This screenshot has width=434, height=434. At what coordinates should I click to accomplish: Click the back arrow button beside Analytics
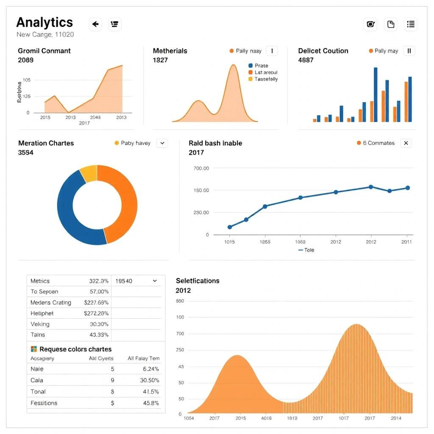tap(95, 24)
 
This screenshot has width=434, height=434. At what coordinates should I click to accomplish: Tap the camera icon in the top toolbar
tap(370, 24)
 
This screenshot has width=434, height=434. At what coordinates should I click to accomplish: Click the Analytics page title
tap(45, 22)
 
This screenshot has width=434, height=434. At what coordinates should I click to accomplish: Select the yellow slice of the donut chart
tap(89, 173)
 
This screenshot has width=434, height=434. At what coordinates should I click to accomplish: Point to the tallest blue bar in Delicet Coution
tap(376, 94)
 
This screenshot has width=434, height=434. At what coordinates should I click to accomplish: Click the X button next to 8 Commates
tap(406, 143)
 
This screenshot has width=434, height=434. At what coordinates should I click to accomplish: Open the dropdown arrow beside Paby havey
tap(162, 143)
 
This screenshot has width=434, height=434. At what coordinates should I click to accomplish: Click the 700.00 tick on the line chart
tap(201, 168)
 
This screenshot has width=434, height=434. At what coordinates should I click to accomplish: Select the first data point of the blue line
tap(230, 227)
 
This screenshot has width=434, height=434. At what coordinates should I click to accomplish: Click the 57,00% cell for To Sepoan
tap(99, 292)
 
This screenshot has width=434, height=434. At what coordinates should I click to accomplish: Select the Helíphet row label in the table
tap(42, 313)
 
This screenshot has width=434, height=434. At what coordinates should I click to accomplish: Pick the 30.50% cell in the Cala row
tap(150, 380)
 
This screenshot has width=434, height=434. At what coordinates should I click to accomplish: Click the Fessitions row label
tap(44, 403)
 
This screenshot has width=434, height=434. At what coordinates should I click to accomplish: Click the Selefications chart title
tap(198, 281)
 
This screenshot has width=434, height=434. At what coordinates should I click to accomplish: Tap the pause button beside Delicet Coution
tap(409, 51)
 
